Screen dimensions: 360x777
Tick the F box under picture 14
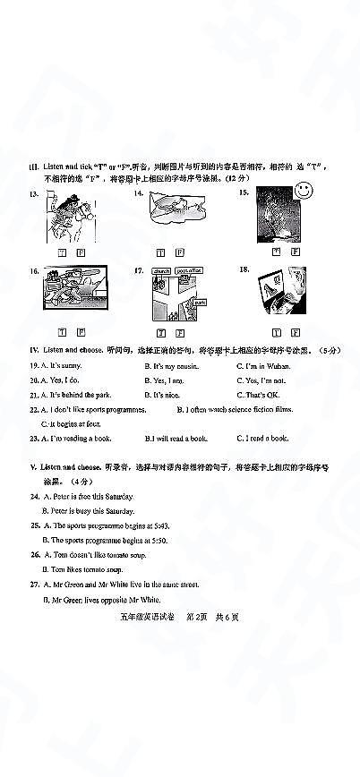coord(179,253)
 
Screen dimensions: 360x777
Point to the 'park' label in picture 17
coord(200,302)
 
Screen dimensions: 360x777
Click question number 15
coord(244,192)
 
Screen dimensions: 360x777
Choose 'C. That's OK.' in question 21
coord(261,395)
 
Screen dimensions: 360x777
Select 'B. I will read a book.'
coord(176,438)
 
